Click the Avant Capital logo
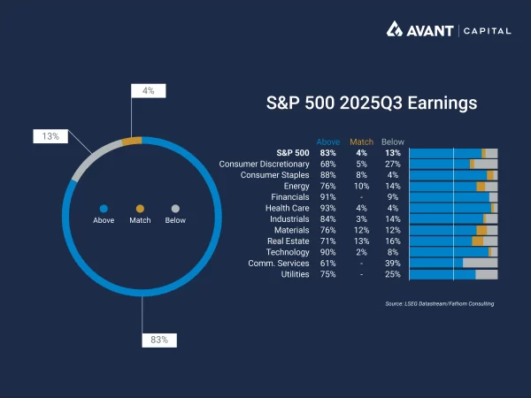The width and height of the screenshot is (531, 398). (x=448, y=31)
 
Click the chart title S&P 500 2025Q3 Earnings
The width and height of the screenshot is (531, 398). (x=372, y=103)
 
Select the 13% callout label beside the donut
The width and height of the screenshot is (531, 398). (x=50, y=136)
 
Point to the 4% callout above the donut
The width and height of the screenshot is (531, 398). (x=148, y=90)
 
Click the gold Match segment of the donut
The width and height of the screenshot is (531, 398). (x=132, y=140)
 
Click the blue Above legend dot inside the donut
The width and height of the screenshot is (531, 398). (x=104, y=209)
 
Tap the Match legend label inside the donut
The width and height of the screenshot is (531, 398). (x=140, y=220)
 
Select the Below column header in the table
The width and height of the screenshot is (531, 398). (x=392, y=142)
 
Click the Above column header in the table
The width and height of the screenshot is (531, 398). (x=327, y=142)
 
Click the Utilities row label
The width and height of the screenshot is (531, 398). (x=292, y=274)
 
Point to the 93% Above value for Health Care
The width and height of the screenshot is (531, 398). (x=328, y=208)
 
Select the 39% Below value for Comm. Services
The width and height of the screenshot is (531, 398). (x=393, y=263)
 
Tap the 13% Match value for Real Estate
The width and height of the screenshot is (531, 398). (x=361, y=241)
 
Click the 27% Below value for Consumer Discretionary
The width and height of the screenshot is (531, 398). (x=393, y=164)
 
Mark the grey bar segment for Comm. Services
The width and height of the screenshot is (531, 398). (x=480, y=263)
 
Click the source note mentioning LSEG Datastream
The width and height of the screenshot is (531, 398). (x=440, y=303)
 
